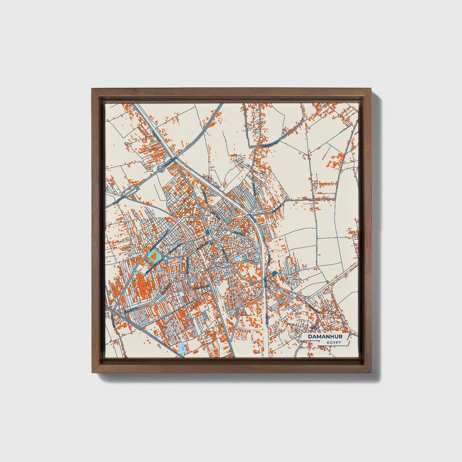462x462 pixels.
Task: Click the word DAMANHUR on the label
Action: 325,337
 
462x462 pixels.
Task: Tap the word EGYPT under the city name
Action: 334,343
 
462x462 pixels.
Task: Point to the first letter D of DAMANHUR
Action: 310,337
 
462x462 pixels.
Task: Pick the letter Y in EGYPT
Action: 334,343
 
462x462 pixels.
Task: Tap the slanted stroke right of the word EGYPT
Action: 349,343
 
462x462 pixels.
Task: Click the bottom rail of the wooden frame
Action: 232,369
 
